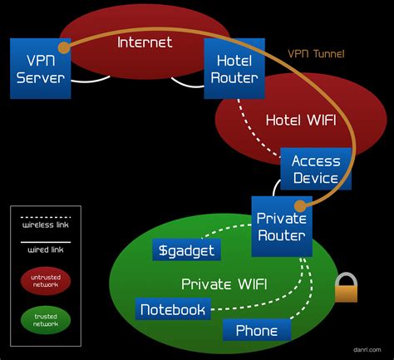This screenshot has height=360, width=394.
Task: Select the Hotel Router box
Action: [234, 69]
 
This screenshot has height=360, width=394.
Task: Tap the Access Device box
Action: [315, 170]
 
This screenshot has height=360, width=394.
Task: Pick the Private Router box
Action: [281, 226]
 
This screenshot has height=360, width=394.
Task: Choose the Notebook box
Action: [172, 309]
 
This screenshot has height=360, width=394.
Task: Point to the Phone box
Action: [257, 330]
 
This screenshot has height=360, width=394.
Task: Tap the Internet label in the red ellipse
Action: [144, 42]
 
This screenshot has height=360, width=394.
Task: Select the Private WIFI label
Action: [224, 284]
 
